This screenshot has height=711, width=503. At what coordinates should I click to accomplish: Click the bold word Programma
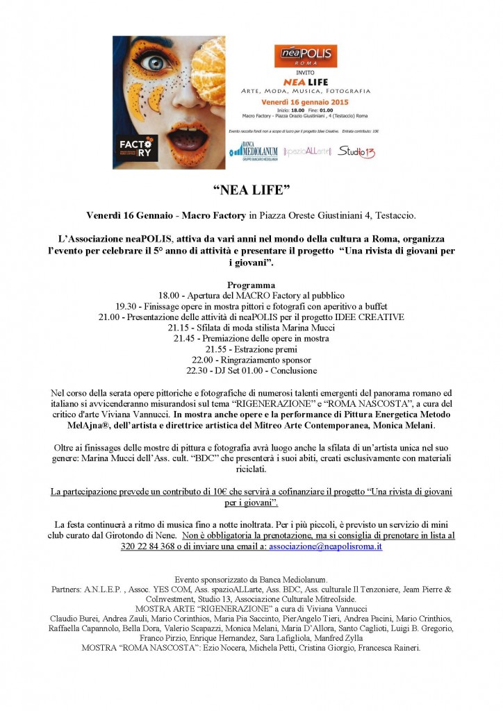point(251,285)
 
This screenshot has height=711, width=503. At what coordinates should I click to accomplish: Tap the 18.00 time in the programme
point(170,296)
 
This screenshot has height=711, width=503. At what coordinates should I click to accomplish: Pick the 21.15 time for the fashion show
point(180,327)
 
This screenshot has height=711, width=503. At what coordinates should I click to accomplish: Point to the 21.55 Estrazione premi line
point(251,349)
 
